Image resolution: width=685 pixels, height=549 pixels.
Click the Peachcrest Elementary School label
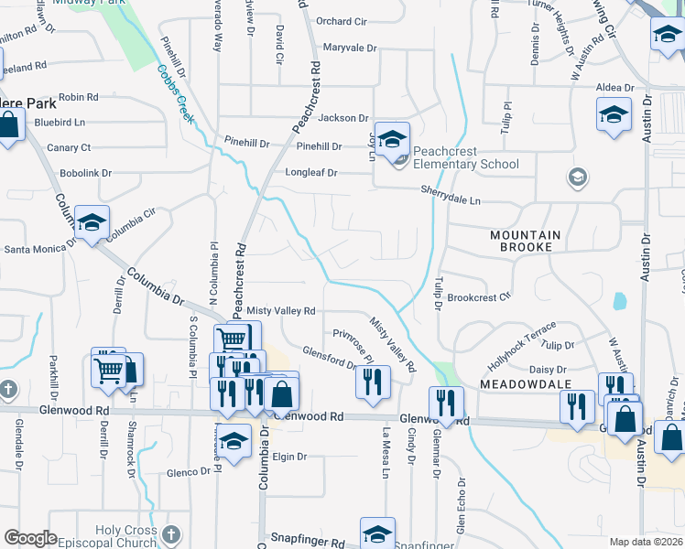[465, 157]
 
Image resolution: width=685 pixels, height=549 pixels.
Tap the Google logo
[30, 537]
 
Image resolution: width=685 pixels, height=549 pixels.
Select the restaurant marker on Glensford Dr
[373, 382]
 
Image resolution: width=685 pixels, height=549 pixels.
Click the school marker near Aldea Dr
[614, 115]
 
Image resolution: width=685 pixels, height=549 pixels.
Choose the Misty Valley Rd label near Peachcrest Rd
[280, 312]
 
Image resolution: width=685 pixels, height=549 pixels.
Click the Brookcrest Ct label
[479, 297]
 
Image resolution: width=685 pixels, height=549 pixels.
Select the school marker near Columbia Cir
[92, 222]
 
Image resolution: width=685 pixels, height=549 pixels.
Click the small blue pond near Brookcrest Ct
[620, 300]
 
